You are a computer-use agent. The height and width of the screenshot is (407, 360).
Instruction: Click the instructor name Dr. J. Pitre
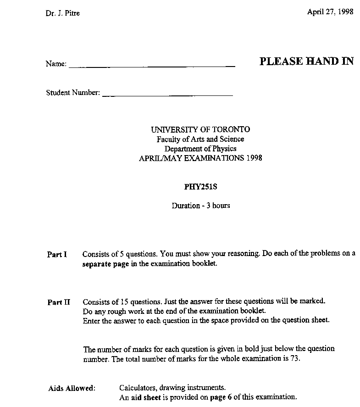pos(63,13)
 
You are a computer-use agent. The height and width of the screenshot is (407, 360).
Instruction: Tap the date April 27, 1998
pos(330,12)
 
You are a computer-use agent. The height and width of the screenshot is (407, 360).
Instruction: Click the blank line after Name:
pos(152,66)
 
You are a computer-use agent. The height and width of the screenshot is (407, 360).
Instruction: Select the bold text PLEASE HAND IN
pos(306,61)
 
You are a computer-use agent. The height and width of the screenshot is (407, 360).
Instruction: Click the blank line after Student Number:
pos(167,95)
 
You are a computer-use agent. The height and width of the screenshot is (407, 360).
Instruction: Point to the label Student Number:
pos(73,93)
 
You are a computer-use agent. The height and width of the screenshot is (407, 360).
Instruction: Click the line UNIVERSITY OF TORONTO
pos(200,130)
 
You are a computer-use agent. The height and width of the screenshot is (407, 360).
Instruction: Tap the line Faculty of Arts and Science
pos(200,139)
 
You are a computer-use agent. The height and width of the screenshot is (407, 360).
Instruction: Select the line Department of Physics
pos(200,149)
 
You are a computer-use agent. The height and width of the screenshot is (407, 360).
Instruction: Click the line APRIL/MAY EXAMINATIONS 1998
pos(200,158)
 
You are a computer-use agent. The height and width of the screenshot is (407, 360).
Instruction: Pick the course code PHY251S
pos(200,187)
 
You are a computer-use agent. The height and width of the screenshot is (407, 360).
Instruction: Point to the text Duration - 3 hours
pos(201,206)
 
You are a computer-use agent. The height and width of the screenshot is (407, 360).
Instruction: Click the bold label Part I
pos(57,254)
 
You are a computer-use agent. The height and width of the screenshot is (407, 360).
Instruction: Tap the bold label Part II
pos(59,302)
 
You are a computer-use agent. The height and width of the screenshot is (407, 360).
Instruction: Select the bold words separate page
pos(103,264)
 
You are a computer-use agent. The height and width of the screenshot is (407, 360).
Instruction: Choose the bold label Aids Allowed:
pos(72,388)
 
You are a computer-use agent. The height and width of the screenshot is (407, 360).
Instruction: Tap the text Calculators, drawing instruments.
pos(172,388)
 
